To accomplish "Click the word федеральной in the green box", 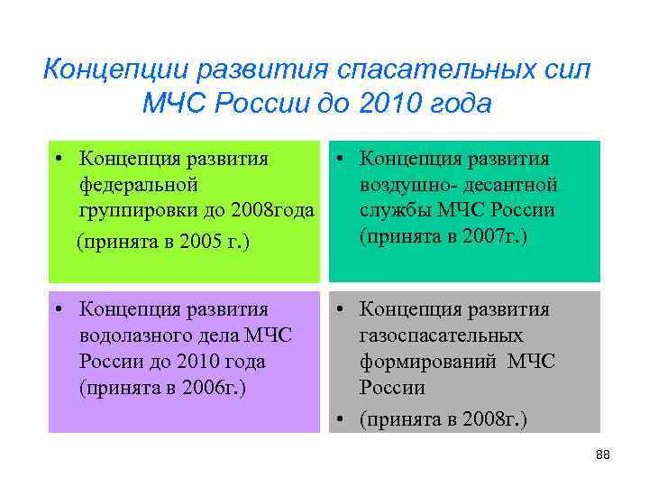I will [x=136, y=185].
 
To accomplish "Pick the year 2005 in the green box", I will [x=215, y=241].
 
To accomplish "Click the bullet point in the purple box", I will [x=57, y=310].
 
